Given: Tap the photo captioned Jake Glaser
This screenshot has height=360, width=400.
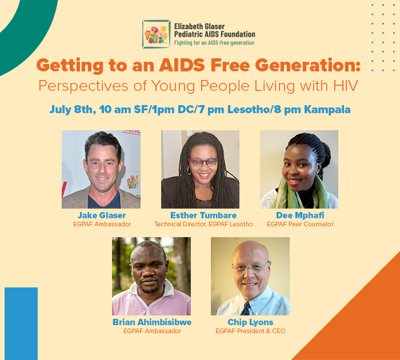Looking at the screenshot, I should [101, 169].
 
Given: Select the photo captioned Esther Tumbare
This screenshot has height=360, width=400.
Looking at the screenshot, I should [200, 169].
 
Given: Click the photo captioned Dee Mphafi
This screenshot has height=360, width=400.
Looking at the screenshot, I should [299, 169].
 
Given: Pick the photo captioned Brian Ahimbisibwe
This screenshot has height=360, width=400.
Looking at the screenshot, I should [151, 276].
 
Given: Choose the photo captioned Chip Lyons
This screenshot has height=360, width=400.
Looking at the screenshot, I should [250, 276].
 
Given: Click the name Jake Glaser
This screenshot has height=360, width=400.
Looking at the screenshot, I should [102, 215].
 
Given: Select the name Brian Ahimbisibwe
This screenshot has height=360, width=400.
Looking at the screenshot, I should [152, 322].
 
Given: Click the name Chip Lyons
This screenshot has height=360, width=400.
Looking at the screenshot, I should [250, 322].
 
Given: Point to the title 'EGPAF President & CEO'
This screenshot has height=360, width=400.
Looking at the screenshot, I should [250, 331].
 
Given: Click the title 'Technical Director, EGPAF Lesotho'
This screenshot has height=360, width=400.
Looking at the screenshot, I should [203, 224].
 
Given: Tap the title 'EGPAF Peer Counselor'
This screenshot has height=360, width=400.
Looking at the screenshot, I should [300, 224].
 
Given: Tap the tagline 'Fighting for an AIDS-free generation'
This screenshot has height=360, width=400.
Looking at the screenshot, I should [214, 43].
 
